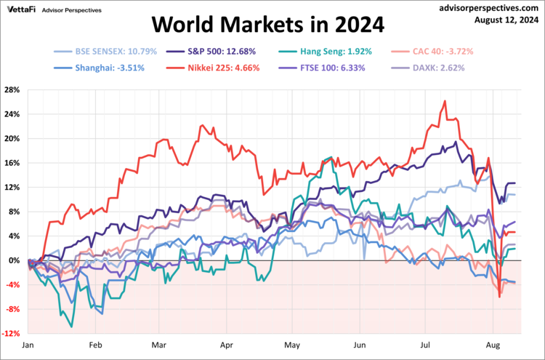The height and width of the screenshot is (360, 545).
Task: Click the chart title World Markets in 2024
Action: [x=267, y=25]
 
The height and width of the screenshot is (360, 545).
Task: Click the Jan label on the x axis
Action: [x=29, y=347]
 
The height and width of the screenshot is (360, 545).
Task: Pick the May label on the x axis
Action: [x=292, y=347]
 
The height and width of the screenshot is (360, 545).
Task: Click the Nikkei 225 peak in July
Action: [x=444, y=101]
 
